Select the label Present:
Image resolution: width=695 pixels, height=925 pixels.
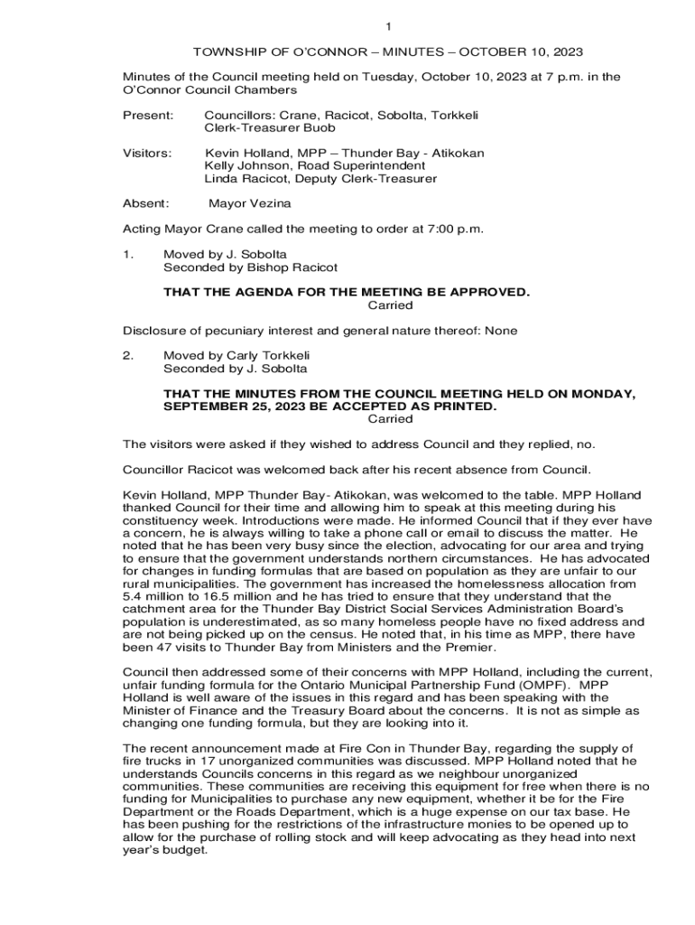pos(148,116)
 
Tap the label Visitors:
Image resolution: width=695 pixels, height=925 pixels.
pos(147,154)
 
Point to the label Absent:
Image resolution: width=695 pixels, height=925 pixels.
pos(146,204)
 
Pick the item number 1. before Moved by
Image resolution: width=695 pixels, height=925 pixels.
pos(128,255)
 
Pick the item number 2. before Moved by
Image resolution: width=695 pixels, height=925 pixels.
pos(128,356)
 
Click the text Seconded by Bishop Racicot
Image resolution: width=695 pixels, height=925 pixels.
pos(250,267)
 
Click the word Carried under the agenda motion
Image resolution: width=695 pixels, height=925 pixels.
pos(390,305)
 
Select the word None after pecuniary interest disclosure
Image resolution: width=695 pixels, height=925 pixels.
pos(501,331)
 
